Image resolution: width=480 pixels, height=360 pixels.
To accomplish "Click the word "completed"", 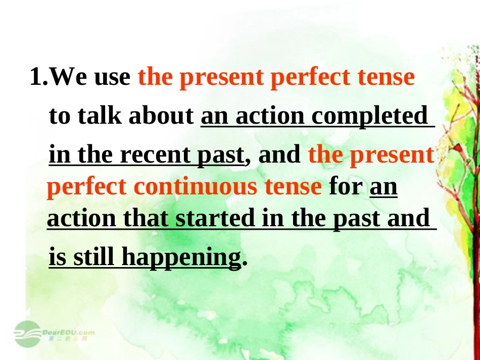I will [x=369, y=117].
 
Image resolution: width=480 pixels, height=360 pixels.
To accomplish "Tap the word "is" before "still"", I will [x=57, y=258].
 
